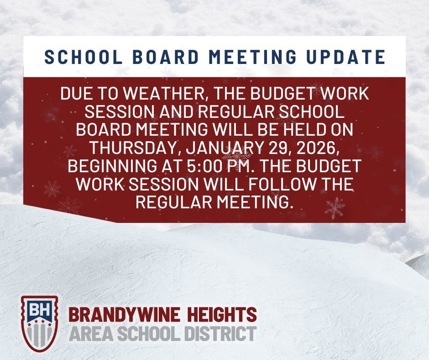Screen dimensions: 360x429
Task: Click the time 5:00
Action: coord(234,166)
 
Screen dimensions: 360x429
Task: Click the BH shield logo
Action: coord(40,323)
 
